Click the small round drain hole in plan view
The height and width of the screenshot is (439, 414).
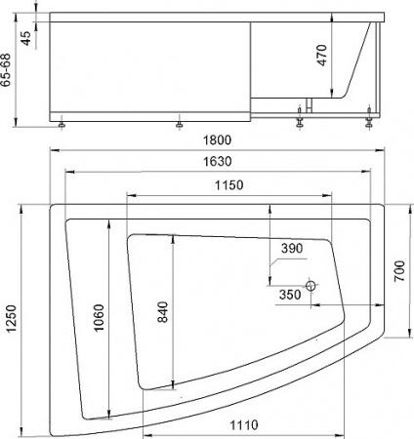[310, 287]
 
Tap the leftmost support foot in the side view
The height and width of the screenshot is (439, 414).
[63, 124]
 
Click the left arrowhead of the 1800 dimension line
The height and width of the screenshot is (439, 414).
[51, 150]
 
